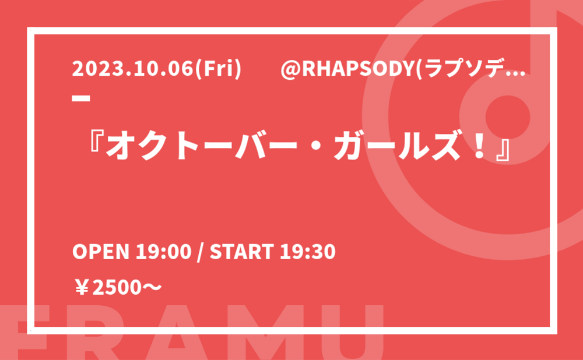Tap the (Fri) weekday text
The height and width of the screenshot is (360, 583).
click(219, 69)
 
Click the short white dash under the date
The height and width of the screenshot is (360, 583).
click(81, 98)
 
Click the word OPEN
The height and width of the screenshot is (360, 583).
click(100, 252)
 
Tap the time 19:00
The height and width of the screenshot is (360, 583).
click(163, 252)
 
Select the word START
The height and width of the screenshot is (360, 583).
click(242, 252)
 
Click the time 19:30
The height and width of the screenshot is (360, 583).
click(308, 252)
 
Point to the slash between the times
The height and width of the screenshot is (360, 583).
click(201, 252)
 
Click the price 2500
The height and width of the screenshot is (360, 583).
click(117, 288)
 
